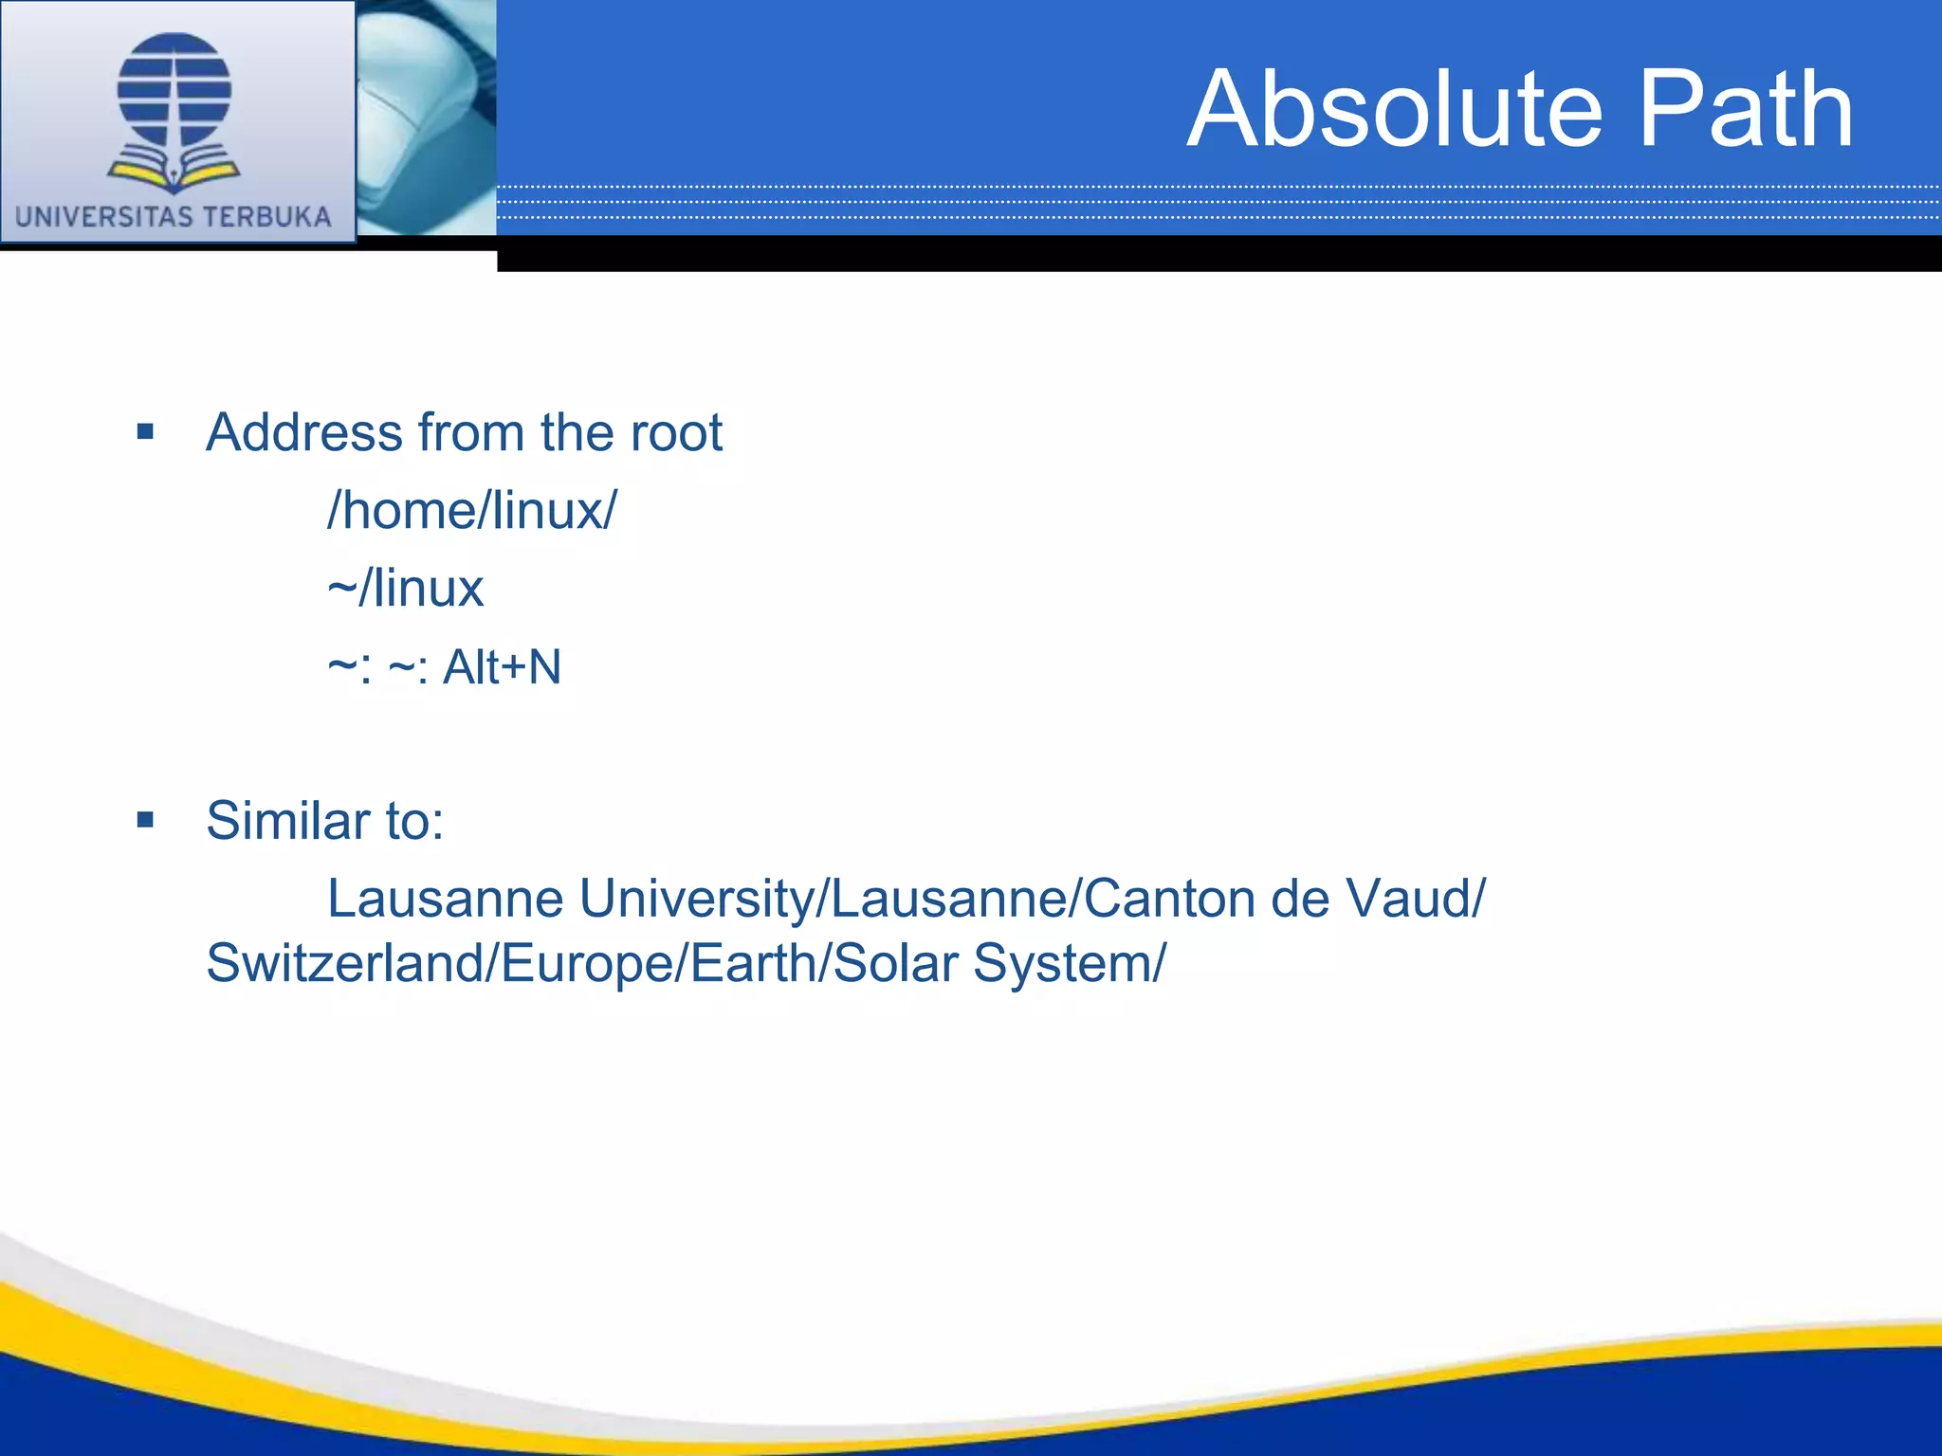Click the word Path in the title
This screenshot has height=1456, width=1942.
[x=1746, y=110]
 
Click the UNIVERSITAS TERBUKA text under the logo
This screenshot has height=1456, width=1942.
[x=174, y=217]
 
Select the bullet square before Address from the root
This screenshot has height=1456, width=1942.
[x=145, y=433]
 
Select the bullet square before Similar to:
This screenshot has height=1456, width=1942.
[x=145, y=820]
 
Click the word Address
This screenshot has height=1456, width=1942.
[x=304, y=433]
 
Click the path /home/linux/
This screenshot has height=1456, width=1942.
[x=471, y=511]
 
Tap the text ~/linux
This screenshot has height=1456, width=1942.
[x=405, y=589]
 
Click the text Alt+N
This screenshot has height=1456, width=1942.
[x=502, y=666]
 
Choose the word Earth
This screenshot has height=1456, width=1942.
[x=754, y=964]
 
